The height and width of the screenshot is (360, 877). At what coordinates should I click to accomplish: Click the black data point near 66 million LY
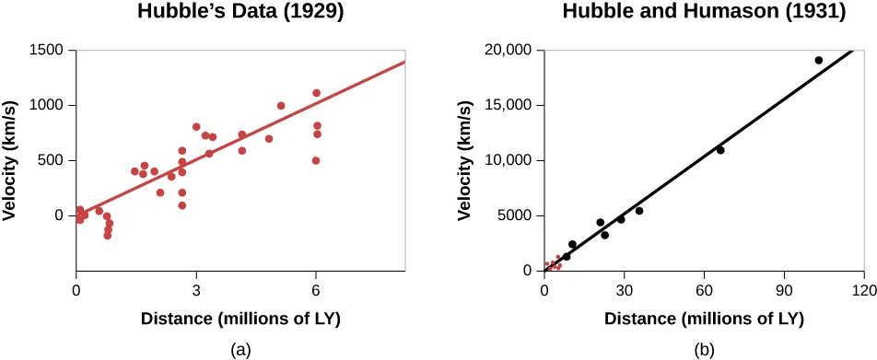pyautogui.click(x=720, y=150)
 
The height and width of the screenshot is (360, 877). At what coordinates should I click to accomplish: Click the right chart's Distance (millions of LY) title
pyautogui.click(x=704, y=319)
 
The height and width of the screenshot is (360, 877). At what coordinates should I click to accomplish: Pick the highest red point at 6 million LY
pyautogui.click(x=316, y=93)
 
